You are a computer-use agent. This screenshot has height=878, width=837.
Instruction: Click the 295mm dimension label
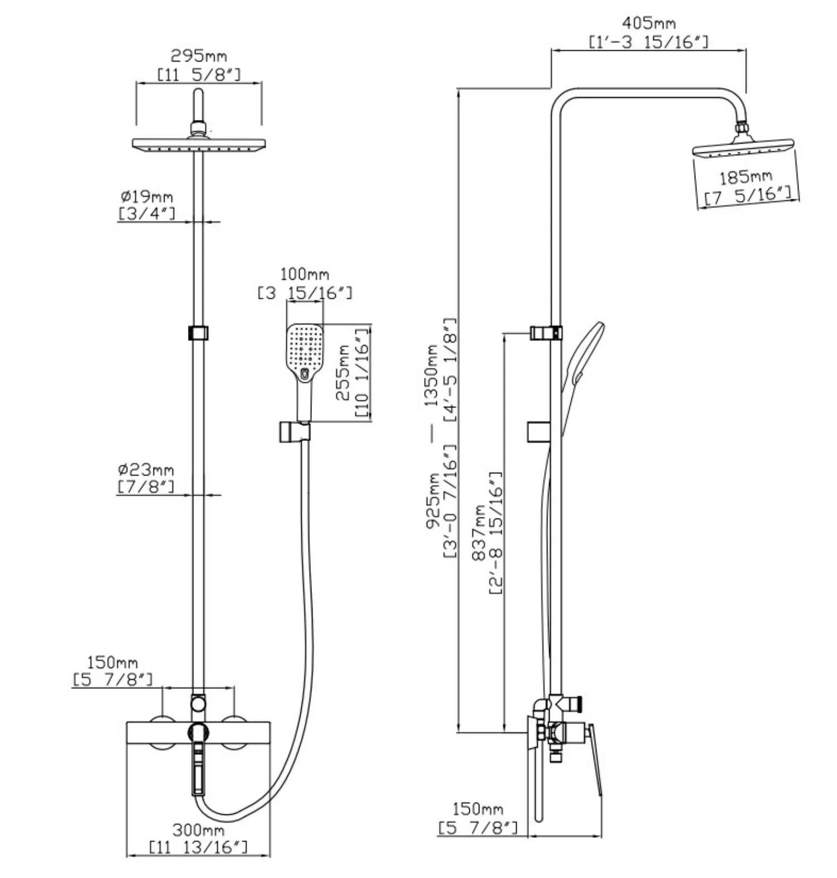point(199,56)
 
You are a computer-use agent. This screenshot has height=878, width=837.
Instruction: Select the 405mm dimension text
point(648,23)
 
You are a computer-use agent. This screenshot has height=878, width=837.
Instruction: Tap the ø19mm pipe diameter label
point(147,196)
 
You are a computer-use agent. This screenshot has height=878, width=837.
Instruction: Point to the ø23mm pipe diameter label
point(146,469)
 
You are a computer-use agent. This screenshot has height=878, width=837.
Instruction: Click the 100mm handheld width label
point(304,274)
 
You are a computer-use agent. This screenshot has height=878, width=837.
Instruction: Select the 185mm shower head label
point(745,178)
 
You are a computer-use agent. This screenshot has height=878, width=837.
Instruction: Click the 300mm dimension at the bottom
point(198,830)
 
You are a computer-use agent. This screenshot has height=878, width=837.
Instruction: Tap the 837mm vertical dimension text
point(478,532)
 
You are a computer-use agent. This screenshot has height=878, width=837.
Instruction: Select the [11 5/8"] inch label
point(199,74)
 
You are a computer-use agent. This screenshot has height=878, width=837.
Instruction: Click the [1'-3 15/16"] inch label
point(648,42)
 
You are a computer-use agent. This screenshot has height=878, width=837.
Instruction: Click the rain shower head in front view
point(198,144)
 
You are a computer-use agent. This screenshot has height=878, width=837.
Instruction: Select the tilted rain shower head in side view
point(742,148)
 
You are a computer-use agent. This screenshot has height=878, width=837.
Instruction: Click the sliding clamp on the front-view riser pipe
point(198,333)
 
